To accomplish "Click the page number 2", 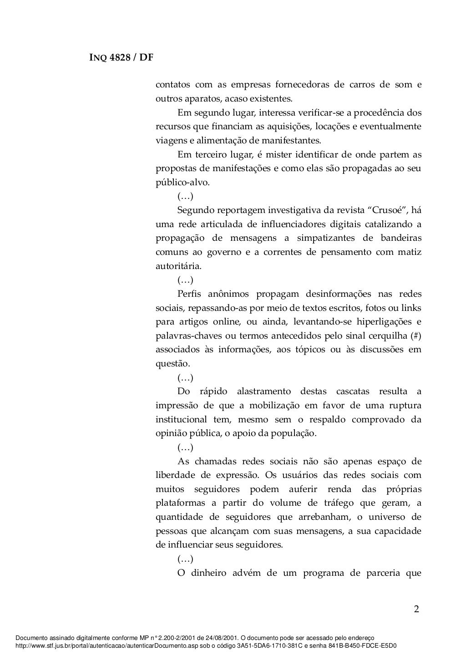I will [x=416, y=609].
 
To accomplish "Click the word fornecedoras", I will [x=295, y=85].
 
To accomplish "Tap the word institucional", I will [x=181, y=419].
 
